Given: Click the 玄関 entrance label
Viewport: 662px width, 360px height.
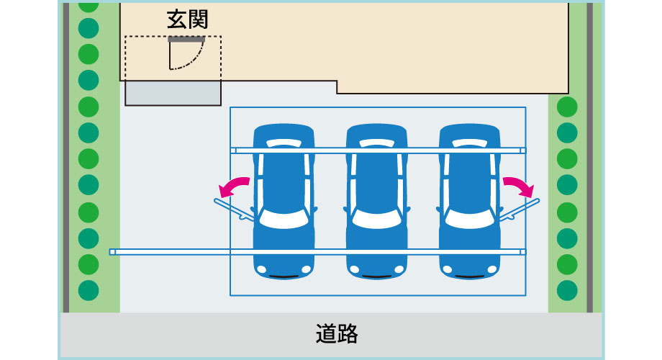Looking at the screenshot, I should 187,19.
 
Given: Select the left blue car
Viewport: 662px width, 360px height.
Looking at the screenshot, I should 284,202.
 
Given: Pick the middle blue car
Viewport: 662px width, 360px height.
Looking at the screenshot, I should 376,202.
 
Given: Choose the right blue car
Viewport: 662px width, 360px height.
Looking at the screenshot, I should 469,202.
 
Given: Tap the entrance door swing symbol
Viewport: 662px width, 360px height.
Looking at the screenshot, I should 186,55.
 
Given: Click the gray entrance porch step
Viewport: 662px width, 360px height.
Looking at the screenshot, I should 173,93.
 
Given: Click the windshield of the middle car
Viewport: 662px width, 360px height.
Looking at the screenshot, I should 376,218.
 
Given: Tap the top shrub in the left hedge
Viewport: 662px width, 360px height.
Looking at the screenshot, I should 88,4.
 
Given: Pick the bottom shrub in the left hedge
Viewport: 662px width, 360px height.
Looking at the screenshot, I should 88,290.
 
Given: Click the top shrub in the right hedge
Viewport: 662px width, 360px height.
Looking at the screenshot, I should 567,107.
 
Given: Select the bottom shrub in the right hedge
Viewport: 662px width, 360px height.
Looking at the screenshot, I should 567,290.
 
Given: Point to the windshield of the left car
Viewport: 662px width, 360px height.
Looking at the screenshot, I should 284,218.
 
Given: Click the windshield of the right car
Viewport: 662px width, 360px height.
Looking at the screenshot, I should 469,218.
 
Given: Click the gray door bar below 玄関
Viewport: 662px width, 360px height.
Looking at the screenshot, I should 186,40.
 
